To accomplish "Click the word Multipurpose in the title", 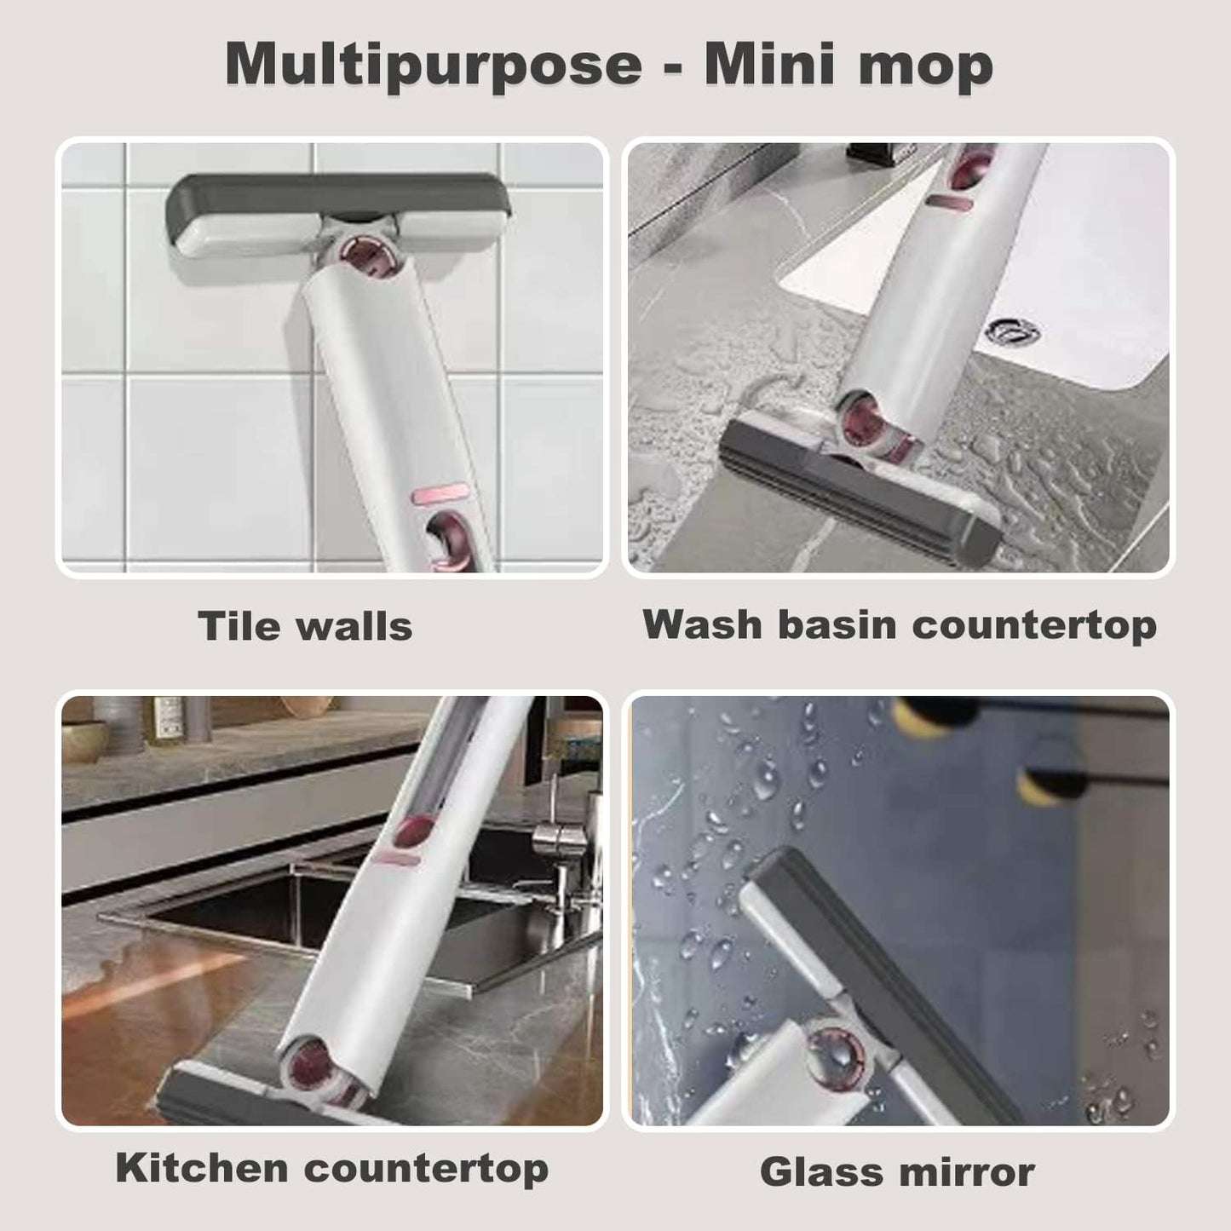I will tap(433, 65).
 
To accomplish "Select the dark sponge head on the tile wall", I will tap(339, 198).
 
